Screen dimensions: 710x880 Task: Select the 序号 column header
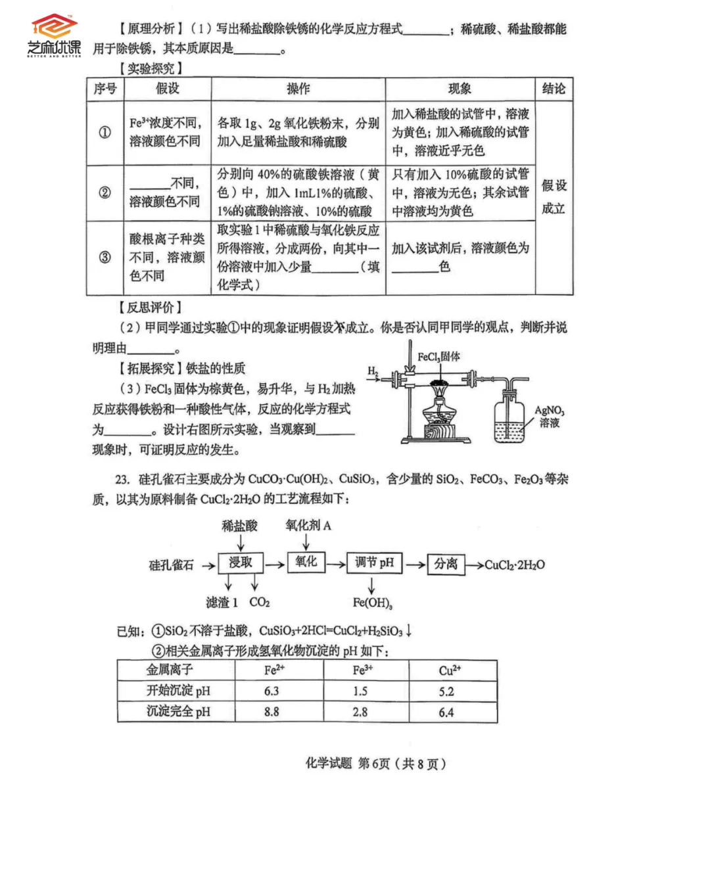pyautogui.click(x=105, y=89)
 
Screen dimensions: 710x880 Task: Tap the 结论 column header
pyautogui.click(x=554, y=89)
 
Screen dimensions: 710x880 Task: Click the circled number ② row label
pyautogui.click(x=105, y=193)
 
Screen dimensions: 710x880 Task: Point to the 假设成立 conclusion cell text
pyautogui.click(x=554, y=197)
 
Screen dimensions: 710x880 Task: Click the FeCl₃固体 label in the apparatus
pyautogui.click(x=438, y=357)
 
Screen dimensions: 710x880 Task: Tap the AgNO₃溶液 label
pyautogui.click(x=549, y=417)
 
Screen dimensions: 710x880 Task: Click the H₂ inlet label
pyautogui.click(x=373, y=371)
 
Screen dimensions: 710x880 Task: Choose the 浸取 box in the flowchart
pyautogui.click(x=241, y=563)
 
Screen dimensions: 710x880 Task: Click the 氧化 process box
pyautogui.click(x=306, y=562)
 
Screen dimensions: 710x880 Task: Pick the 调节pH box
pyautogui.click(x=374, y=563)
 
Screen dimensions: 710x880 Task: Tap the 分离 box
pyautogui.click(x=446, y=564)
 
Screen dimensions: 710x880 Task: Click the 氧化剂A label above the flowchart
pyautogui.click(x=308, y=525)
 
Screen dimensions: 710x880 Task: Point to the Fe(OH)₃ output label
pyautogui.click(x=372, y=603)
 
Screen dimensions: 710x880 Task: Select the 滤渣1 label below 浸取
pyautogui.click(x=222, y=603)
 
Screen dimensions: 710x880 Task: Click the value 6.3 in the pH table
pyautogui.click(x=272, y=691)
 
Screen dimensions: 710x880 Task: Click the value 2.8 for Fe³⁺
pyautogui.click(x=360, y=712)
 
